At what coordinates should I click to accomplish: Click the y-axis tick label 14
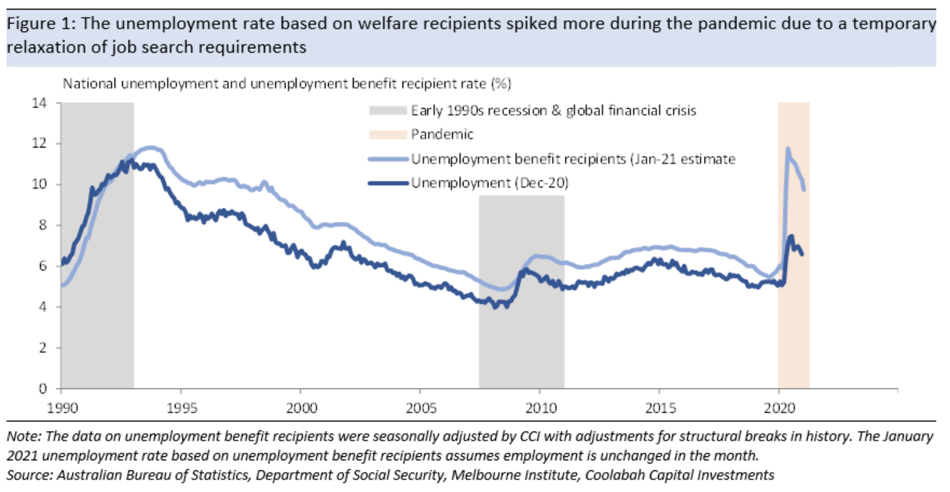pos(43,102)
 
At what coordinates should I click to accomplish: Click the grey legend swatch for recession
pos(387,111)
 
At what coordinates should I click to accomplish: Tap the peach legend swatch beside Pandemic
pos(387,135)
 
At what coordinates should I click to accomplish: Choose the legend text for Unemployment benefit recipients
pos(572,159)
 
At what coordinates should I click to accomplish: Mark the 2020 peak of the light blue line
pos(788,149)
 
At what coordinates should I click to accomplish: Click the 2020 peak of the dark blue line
pos(791,236)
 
